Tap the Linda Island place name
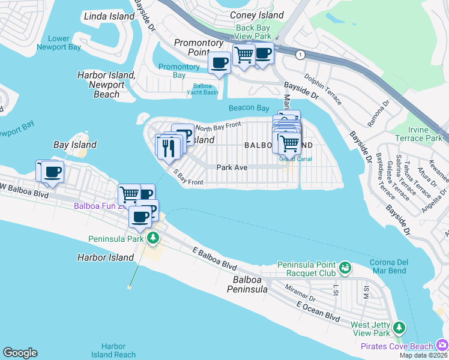109,16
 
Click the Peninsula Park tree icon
153,239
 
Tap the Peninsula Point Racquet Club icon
345,266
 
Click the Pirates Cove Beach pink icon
442,345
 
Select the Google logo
20,353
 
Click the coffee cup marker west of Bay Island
52,172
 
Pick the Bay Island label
75,145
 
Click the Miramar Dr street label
301,295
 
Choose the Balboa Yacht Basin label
205,89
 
